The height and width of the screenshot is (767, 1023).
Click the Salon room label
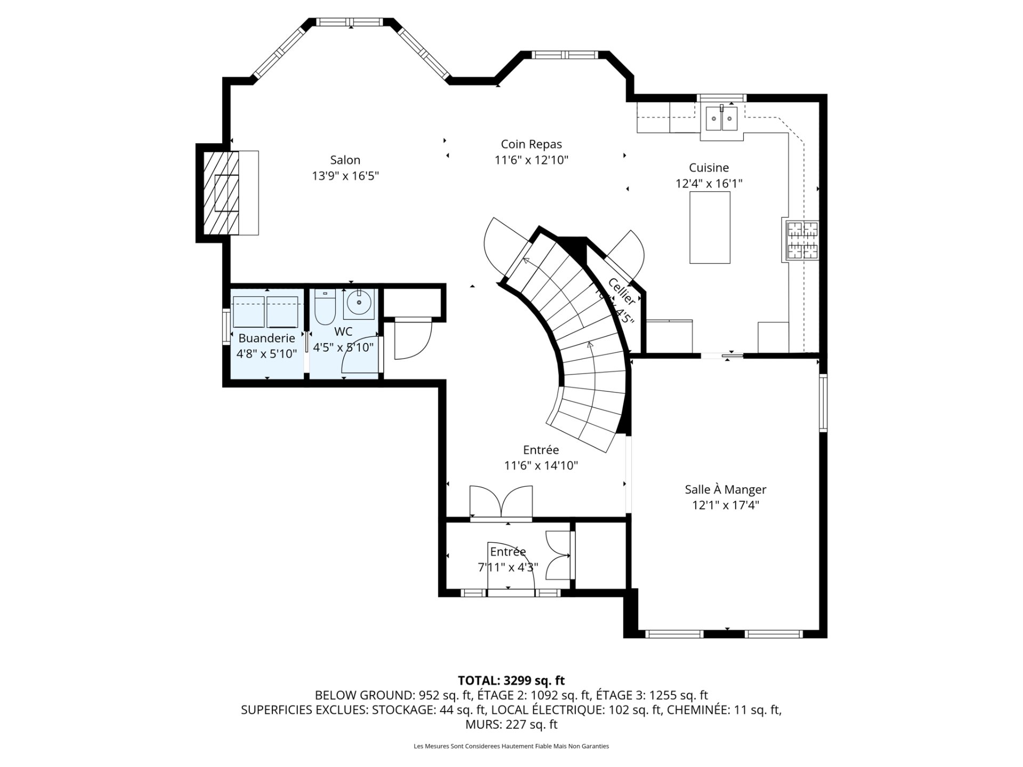[x=345, y=160]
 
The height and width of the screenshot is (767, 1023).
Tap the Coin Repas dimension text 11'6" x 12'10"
[x=531, y=160]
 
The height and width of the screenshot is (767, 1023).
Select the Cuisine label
[x=709, y=168]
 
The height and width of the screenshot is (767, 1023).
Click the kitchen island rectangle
[x=710, y=227]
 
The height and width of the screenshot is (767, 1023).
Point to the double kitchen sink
[x=721, y=119]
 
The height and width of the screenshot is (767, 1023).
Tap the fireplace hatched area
[x=220, y=192]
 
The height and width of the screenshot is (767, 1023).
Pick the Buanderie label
[x=266, y=338]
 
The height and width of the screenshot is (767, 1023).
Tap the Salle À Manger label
[x=725, y=489]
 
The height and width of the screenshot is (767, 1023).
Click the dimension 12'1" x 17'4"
[x=725, y=505]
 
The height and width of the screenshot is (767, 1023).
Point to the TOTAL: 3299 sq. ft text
[x=511, y=680]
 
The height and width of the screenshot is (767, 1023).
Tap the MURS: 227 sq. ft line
[x=511, y=724]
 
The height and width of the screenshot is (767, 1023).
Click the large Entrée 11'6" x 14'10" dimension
[x=541, y=466]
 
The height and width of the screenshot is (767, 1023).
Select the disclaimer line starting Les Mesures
[x=511, y=746]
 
